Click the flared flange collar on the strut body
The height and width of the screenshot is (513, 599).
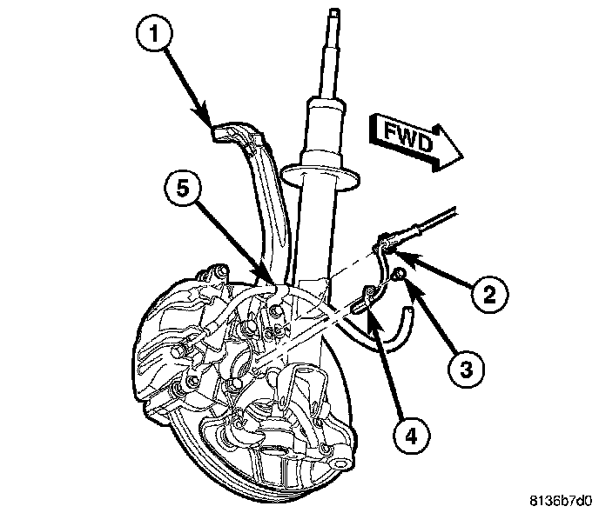331,178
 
